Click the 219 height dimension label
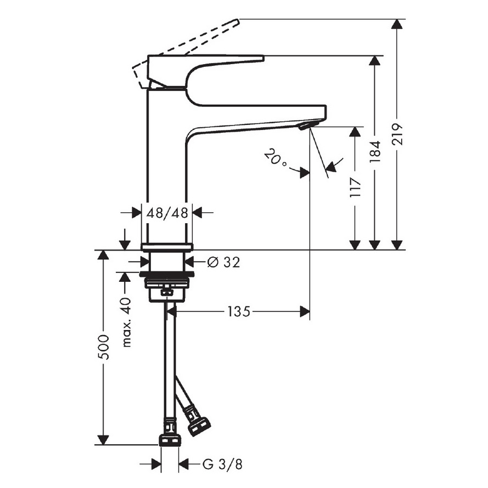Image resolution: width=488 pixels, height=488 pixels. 397,134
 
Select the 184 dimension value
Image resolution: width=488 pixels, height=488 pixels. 375,151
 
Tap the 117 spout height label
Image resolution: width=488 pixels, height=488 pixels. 355,187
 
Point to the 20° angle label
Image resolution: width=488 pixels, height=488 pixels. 275,158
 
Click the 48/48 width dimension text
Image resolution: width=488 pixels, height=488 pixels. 167,213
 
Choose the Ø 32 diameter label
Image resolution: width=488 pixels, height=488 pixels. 224,262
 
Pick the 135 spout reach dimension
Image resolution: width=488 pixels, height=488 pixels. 239,311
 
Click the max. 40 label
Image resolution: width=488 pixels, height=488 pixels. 126,322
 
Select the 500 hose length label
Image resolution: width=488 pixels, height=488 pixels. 103,347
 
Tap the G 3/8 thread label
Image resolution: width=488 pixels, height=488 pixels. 222,464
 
